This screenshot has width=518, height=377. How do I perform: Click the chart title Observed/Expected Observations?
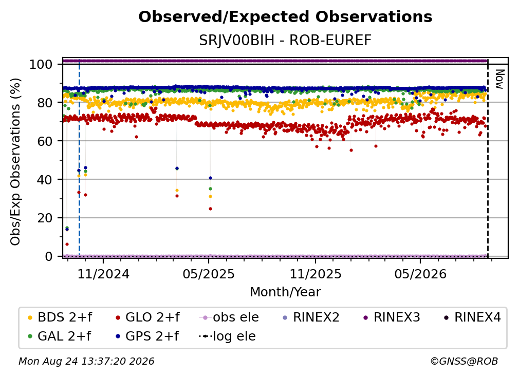285,17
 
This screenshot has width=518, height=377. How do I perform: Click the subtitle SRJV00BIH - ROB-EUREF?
285,40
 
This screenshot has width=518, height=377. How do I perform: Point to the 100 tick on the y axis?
41,64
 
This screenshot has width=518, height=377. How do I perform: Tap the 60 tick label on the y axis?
45,141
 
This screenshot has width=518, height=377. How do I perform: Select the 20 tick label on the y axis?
45,218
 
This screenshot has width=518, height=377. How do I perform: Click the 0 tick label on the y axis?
49,256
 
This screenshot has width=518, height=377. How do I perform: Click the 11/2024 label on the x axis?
103,274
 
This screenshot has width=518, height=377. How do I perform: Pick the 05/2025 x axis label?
209,274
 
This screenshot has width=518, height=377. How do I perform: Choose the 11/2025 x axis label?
316,274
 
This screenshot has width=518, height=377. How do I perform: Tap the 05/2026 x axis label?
420,274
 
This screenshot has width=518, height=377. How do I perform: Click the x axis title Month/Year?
285,292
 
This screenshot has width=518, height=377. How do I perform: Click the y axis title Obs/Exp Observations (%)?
15,161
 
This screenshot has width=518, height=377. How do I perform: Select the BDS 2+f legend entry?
60,317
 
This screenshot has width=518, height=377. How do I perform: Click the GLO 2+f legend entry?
147,317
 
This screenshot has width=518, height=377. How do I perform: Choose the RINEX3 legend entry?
392,317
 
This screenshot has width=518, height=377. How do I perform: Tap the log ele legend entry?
227,336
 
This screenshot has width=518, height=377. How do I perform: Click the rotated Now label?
500,79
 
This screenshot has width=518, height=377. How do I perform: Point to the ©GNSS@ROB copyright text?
464,362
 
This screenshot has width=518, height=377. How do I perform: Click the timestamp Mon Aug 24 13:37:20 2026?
86,362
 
